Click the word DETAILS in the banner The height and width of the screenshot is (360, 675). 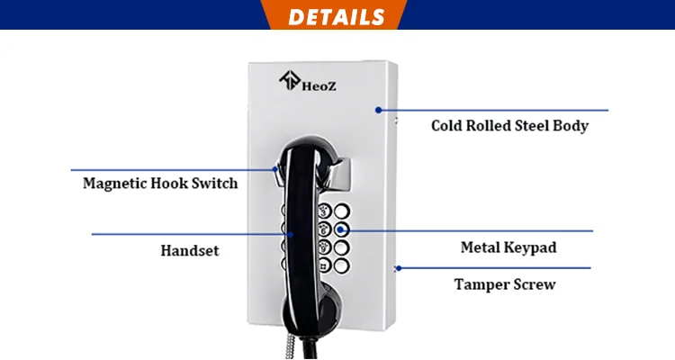pyautogui.click(x=337, y=16)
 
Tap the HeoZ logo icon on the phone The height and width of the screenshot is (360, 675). pyautogui.click(x=291, y=81)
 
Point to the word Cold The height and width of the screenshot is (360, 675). pyautogui.click(x=447, y=126)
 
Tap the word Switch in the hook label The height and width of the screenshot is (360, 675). pyautogui.click(x=215, y=183)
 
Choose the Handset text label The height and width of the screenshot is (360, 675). pyautogui.click(x=191, y=251)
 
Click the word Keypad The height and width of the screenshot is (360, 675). pyautogui.click(x=531, y=246)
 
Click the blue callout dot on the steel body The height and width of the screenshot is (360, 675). pyautogui.click(x=379, y=110)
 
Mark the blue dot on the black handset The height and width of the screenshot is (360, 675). pyautogui.click(x=292, y=234)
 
